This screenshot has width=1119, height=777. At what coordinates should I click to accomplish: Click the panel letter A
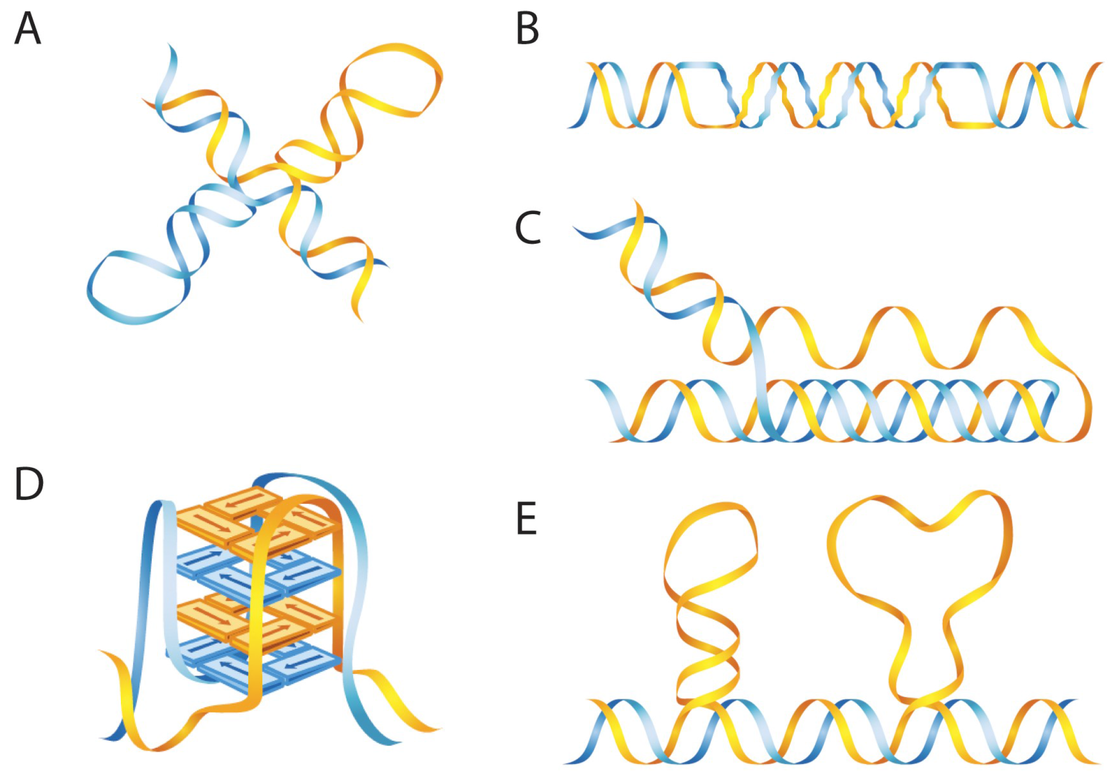27,29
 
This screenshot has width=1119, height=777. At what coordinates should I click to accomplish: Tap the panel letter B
527,29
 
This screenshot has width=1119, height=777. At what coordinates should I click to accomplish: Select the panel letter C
527,228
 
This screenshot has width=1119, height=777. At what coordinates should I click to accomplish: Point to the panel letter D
29,483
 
